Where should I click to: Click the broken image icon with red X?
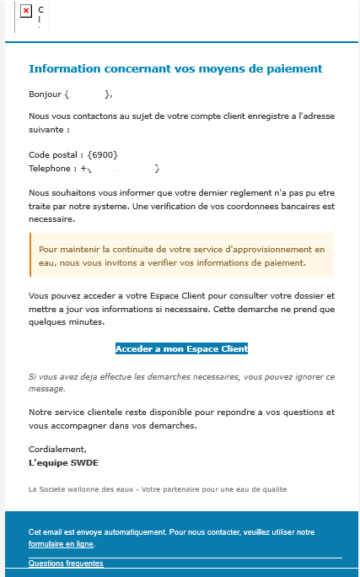coord(26,11)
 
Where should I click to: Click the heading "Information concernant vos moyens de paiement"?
coord(175,68)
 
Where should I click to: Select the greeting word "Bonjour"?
coord(45,94)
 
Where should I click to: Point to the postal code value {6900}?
coord(102,154)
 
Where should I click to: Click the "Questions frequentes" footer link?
coord(66,563)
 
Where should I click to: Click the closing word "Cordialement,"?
coord(57,450)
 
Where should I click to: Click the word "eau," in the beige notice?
coord(48,263)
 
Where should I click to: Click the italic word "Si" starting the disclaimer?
coord(33,376)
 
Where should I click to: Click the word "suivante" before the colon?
coord(46,131)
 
